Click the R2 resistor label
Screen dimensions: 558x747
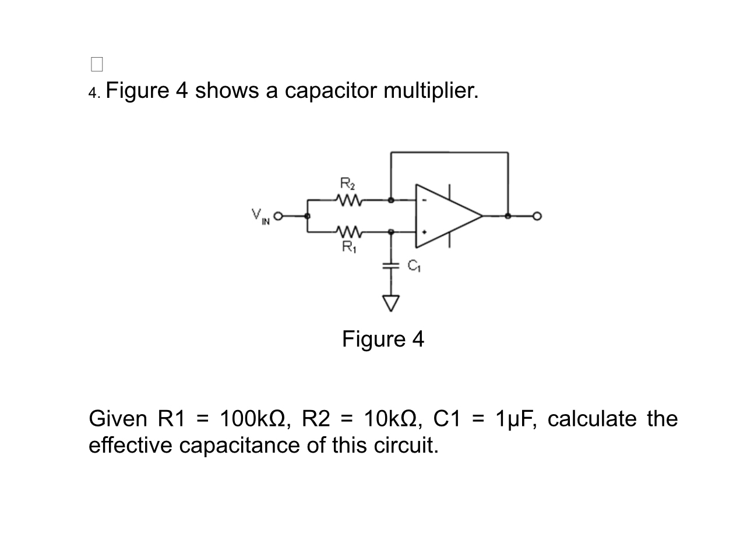346,185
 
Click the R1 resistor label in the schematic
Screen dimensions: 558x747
347,247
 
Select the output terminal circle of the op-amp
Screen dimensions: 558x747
537,216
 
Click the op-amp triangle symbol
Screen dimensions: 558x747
446,216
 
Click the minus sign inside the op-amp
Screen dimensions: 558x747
425,201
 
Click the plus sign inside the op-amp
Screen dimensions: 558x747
425,232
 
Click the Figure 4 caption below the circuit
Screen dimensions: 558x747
383,339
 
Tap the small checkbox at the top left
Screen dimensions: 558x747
97,64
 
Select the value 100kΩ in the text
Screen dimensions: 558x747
252,419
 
